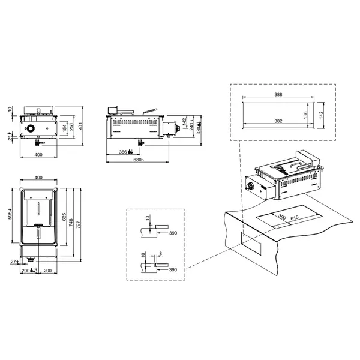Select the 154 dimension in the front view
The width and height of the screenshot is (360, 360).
[65, 129]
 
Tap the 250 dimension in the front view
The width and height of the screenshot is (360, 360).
[72, 127]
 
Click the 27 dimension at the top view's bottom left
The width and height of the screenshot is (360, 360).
[13, 262]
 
